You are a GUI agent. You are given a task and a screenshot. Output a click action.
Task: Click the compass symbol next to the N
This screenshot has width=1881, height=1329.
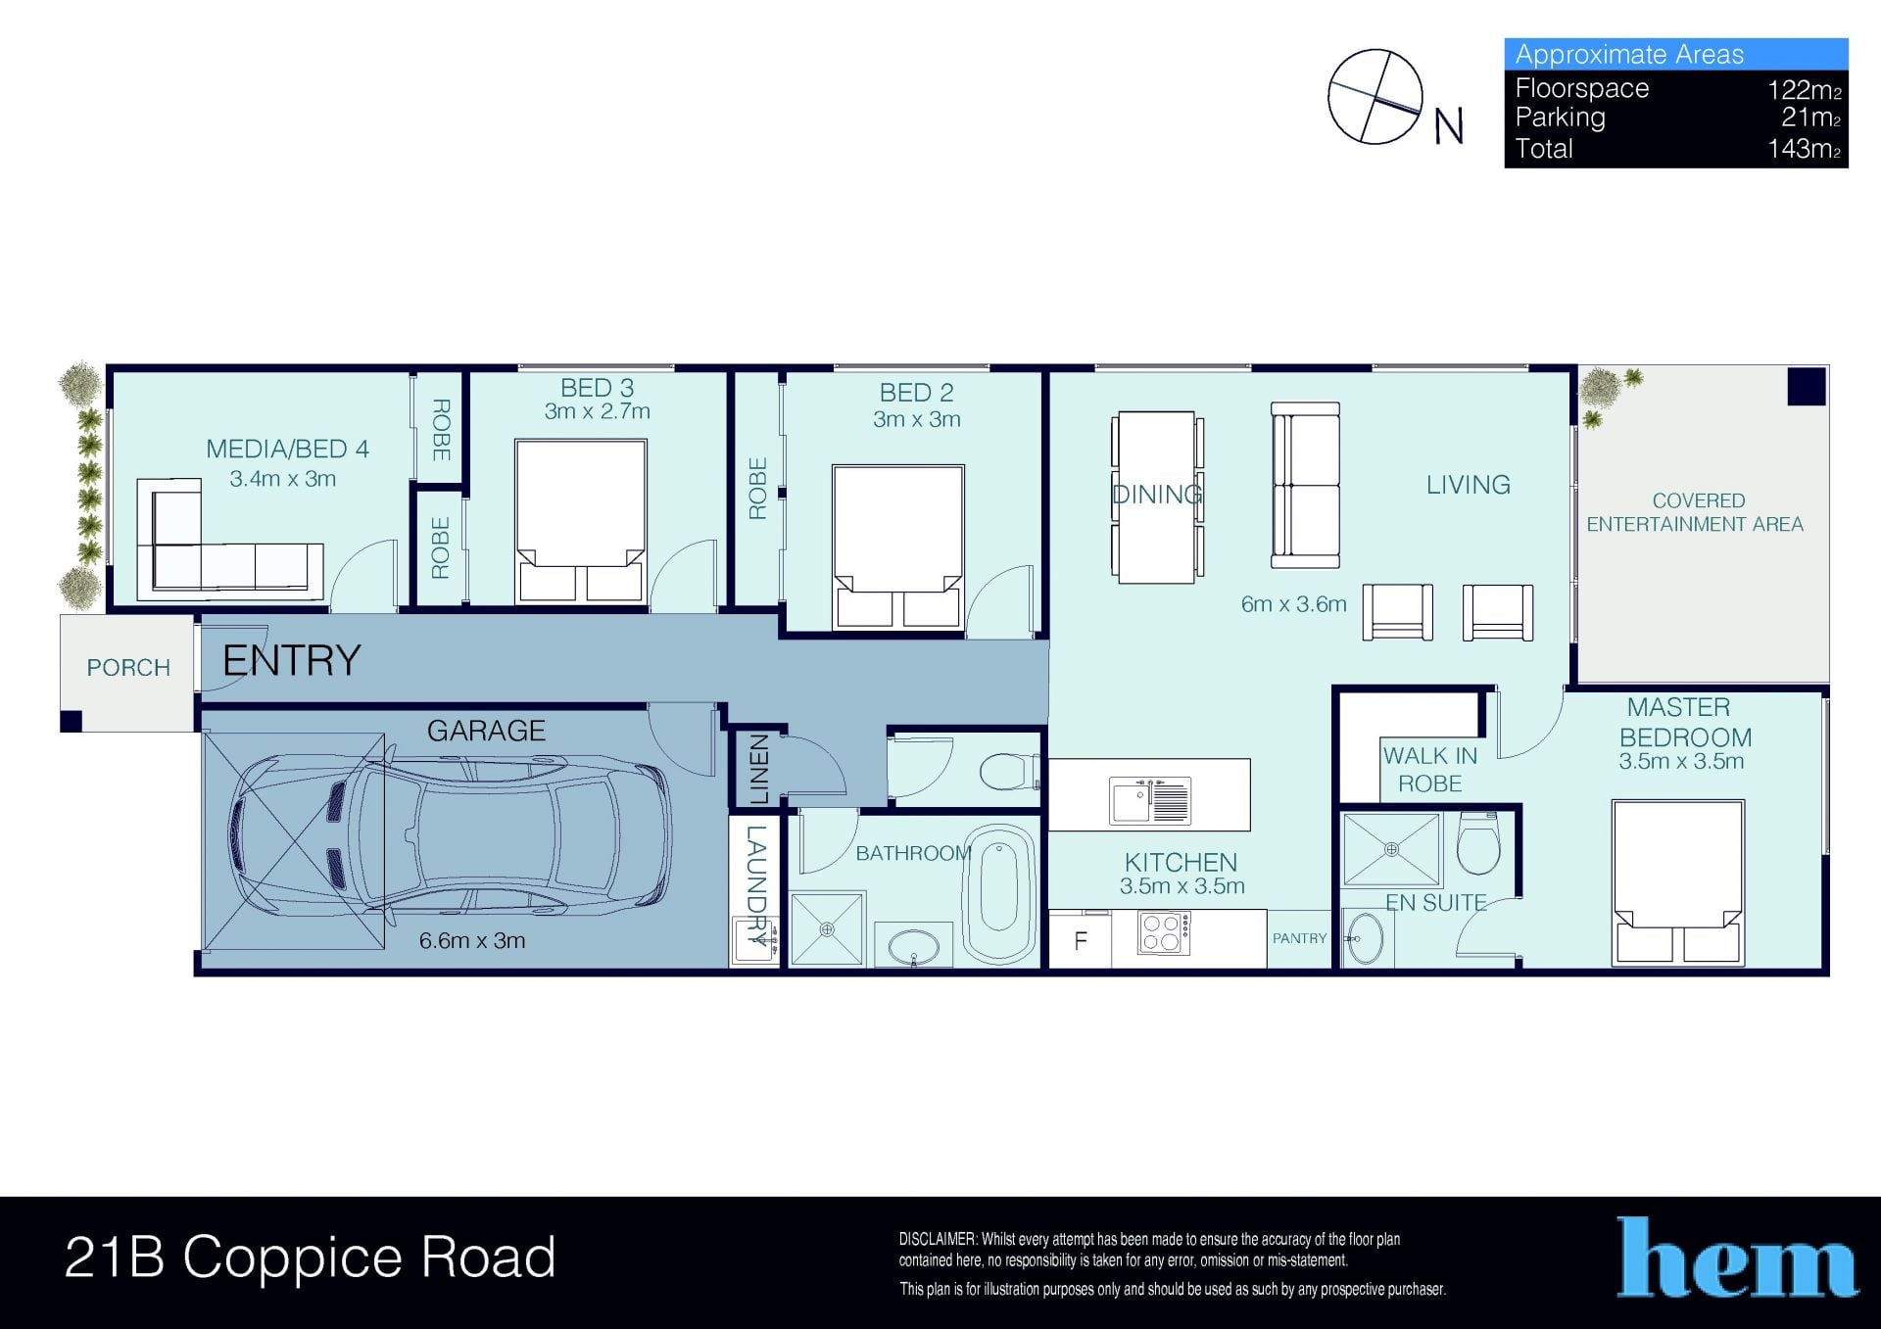click(x=1375, y=97)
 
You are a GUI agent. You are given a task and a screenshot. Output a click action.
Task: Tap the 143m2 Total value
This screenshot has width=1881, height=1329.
click(x=1805, y=149)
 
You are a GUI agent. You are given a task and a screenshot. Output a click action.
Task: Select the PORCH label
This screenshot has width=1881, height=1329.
click(x=128, y=668)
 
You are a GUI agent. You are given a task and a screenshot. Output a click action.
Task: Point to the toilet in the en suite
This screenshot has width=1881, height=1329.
click(x=1478, y=843)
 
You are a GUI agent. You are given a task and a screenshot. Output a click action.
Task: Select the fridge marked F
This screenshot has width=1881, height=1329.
click(x=1080, y=940)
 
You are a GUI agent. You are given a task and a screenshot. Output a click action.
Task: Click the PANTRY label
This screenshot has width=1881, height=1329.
click(x=1299, y=938)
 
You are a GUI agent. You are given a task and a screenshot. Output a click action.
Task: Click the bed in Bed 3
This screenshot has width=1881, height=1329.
click(x=580, y=521)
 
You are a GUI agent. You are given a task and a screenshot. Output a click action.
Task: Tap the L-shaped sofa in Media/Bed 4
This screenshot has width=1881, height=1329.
click(x=230, y=539)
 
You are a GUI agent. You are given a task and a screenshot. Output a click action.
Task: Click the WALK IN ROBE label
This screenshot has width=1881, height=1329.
click(x=1430, y=770)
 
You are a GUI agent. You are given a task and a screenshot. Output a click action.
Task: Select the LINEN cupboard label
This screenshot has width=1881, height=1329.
click(x=758, y=770)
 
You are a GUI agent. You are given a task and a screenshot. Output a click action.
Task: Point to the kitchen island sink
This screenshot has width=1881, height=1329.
click(x=1149, y=800)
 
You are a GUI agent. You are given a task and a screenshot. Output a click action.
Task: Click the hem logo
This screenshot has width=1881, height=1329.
click(x=1737, y=1258)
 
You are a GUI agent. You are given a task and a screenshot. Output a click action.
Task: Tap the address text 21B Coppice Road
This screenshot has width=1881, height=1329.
click(x=311, y=1258)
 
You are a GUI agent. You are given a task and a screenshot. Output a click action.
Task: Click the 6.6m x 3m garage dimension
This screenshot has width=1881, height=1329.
click(x=472, y=941)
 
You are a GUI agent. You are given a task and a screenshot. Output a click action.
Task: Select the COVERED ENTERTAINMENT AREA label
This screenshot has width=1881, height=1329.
click(x=1696, y=512)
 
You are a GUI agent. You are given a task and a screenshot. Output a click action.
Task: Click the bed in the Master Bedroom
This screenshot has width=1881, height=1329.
click(x=1678, y=882)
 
